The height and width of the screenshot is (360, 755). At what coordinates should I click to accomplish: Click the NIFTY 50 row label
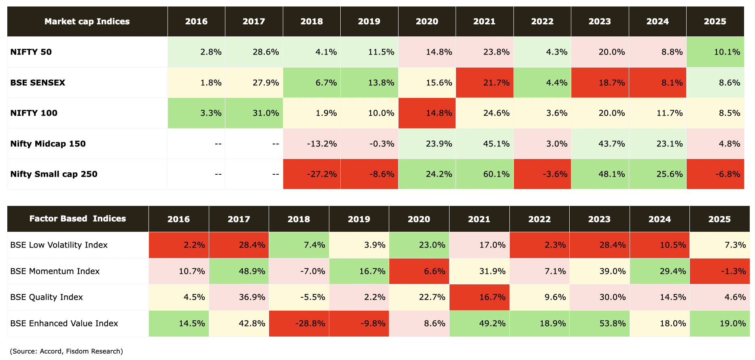31,52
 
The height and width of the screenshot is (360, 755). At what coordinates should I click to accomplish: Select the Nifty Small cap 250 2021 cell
484,174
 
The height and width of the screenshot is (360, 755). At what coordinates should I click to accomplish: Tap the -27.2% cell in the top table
312,174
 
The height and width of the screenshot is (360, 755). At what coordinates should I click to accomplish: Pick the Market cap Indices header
87,21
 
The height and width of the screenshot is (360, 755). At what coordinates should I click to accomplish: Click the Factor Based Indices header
78,219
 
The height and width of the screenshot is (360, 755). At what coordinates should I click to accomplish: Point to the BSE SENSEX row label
38,83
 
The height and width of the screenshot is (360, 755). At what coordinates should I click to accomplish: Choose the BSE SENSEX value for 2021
484,83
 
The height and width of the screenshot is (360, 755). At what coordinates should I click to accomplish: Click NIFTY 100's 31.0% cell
254,113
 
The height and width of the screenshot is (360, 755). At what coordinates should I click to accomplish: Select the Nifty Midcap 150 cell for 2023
600,144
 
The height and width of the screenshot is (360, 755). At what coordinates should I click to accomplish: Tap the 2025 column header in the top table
715,21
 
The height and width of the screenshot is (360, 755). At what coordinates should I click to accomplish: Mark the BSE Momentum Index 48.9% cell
239,271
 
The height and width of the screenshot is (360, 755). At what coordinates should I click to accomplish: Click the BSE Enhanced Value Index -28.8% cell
299,323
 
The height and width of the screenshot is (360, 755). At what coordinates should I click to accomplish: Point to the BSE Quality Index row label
47,297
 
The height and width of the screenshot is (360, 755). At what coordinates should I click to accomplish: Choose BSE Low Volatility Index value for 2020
419,245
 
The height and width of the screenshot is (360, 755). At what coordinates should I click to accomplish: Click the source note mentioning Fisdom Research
66,351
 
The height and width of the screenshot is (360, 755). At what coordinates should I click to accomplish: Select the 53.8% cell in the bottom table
599,323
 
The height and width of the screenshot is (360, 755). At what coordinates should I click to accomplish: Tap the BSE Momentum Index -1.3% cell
719,271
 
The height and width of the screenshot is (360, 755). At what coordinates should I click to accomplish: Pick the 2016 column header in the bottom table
178,219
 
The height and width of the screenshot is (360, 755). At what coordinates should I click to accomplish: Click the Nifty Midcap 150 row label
48,144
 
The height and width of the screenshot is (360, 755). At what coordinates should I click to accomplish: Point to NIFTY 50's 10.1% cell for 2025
715,52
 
